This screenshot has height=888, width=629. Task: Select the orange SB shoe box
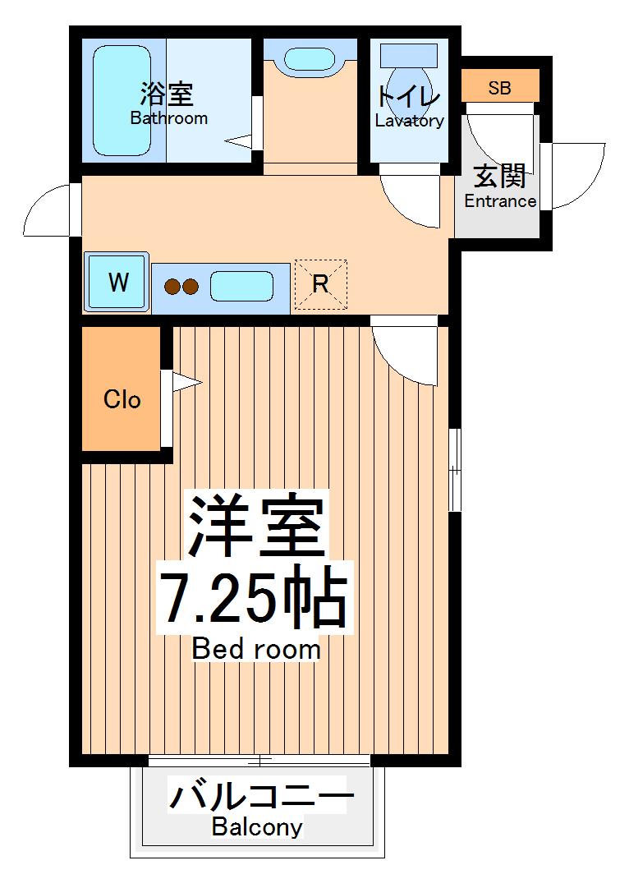click(499, 86)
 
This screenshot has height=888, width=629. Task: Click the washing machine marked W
click(117, 283)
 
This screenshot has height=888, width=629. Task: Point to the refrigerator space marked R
click(320, 284)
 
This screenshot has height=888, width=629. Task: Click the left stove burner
click(172, 287)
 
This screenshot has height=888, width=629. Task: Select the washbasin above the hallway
click(308, 59)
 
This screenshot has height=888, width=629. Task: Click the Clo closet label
click(122, 400)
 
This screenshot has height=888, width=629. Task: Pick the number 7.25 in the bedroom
click(223, 598)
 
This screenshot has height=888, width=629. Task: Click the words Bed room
click(256, 649)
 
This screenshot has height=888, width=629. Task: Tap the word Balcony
click(256, 826)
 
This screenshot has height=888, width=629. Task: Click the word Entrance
click(500, 201)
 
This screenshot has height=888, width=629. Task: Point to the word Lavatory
click(409, 122)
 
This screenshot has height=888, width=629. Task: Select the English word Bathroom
click(168, 117)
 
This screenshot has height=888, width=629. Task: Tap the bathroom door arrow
click(239, 141)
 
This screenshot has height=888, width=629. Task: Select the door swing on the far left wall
click(49, 209)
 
